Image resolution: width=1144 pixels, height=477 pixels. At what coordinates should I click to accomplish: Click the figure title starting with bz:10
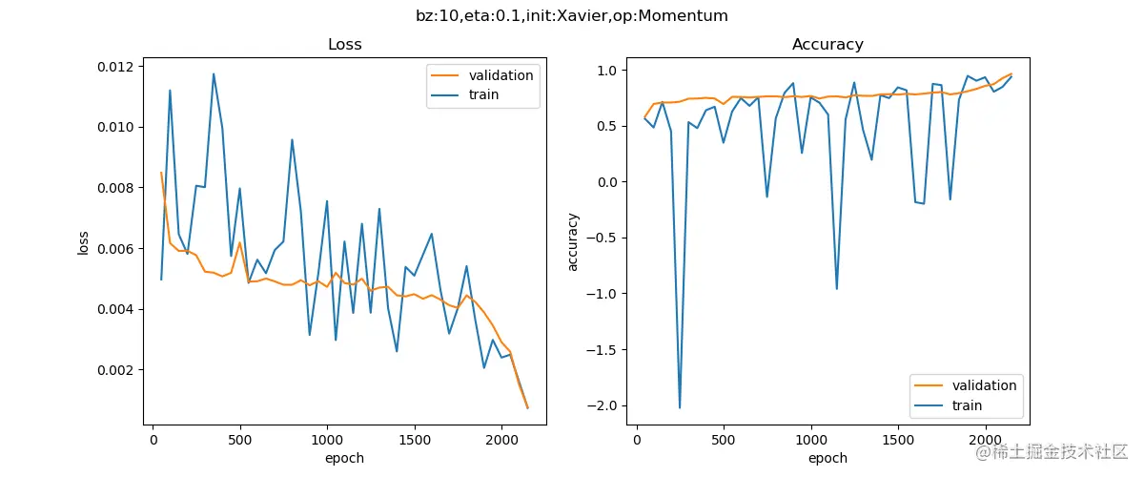pyautogui.click(x=572, y=16)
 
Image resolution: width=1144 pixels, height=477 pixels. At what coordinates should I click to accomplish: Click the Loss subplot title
pyautogui.click(x=344, y=45)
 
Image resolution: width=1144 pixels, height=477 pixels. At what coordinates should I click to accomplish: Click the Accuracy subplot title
pyautogui.click(x=827, y=45)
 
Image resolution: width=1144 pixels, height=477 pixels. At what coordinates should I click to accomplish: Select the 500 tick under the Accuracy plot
pyautogui.click(x=724, y=440)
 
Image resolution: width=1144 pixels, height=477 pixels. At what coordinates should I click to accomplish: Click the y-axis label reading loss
pyautogui.click(x=84, y=242)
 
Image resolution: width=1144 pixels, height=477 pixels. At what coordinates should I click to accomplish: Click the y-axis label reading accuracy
pyautogui.click(x=573, y=242)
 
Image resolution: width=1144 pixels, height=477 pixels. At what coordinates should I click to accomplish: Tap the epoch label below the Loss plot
pyautogui.click(x=344, y=458)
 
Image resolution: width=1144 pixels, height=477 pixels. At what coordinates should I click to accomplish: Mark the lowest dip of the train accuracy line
pyautogui.click(x=680, y=408)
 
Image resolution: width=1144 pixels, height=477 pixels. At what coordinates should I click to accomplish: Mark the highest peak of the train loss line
pyautogui.click(x=214, y=73)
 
